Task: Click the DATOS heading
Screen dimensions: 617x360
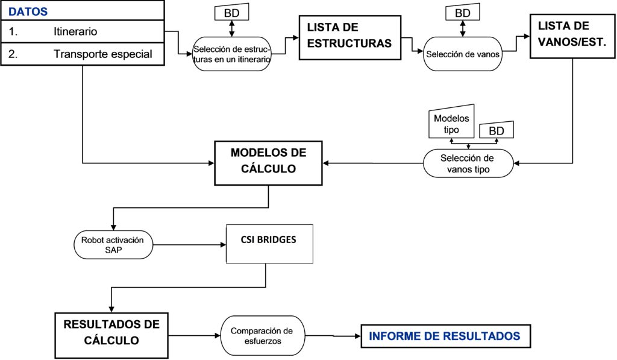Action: point(28,11)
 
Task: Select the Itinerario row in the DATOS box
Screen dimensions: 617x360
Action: point(82,31)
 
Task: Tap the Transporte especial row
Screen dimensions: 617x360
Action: point(82,54)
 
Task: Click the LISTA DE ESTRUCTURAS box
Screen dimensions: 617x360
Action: point(350,38)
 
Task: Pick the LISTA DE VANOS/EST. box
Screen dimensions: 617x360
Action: point(572,36)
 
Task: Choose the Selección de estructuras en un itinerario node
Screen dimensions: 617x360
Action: point(232,54)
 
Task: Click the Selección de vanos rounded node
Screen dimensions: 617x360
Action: point(463,54)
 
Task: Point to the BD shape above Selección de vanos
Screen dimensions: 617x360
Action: point(463,13)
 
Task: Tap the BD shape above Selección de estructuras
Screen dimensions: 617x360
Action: point(232,13)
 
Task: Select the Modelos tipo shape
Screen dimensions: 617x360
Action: point(451,121)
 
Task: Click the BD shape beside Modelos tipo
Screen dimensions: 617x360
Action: point(496,130)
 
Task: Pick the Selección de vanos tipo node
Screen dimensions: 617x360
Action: point(468,163)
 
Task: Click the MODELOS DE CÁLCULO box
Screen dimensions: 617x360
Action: point(268,163)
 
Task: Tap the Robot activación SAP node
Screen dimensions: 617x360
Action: point(113,245)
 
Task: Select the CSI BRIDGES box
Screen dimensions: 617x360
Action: point(269,244)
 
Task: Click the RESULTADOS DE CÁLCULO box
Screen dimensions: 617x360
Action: point(111,336)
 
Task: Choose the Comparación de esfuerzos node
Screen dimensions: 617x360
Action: point(263,336)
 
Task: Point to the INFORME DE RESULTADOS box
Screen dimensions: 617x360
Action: point(446,336)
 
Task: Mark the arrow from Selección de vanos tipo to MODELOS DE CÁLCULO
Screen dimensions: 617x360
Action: point(373,163)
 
